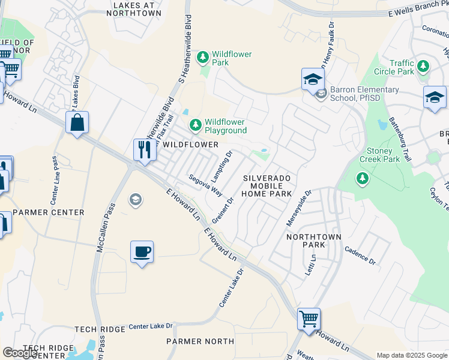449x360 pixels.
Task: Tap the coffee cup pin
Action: tap(142, 251)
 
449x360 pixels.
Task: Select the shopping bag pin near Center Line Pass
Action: tap(77, 122)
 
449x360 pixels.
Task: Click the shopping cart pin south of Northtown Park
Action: tap(309, 319)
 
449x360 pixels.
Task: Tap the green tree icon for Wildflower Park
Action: tap(203, 58)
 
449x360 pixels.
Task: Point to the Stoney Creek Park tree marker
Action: tap(362, 178)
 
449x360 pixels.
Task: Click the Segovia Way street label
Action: tap(205, 185)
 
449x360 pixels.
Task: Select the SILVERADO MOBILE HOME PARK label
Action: tap(267, 186)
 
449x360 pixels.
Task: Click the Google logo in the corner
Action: tap(20, 353)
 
